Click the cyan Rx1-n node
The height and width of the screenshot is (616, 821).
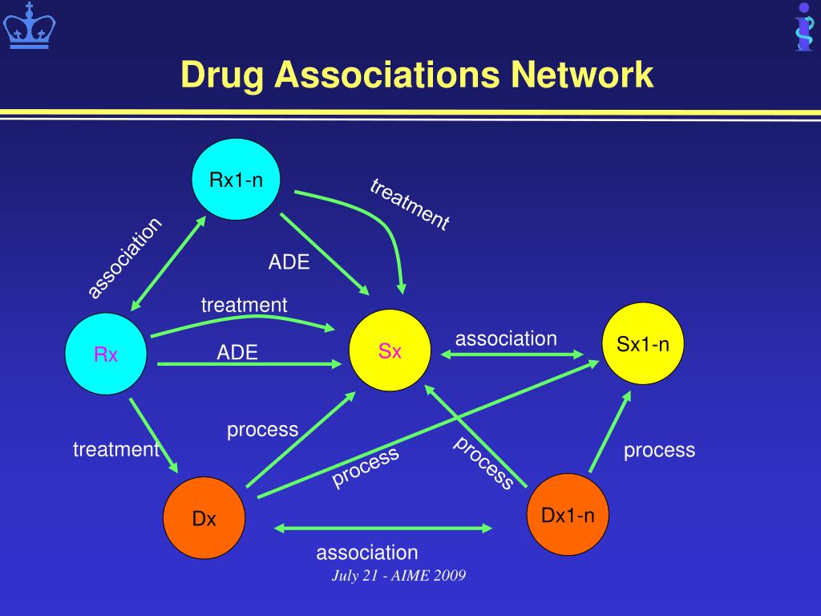click(236, 179)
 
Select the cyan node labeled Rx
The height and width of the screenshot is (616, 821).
click(106, 354)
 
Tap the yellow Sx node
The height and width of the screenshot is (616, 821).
click(390, 351)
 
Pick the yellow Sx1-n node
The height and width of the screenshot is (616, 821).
click(642, 343)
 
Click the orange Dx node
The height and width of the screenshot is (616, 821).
click(204, 518)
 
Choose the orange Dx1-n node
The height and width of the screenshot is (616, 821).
click(568, 514)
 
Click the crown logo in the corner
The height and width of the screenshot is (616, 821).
click(30, 25)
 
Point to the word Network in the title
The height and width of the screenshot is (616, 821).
click(582, 75)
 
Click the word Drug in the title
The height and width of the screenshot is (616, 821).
click(222, 75)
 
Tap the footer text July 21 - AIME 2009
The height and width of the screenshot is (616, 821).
click(398, 576)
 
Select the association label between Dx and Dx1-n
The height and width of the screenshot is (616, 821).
click(367, 553)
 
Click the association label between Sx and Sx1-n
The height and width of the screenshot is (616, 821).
click(506, 339)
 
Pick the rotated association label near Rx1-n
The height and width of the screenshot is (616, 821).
click(124, 257)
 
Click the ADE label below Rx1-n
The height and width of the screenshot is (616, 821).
click(289, 262)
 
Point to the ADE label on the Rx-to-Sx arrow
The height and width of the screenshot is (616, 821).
click(237, 353)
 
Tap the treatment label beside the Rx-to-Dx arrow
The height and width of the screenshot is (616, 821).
click(116, 449)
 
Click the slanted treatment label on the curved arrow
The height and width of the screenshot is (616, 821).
click(410, 205)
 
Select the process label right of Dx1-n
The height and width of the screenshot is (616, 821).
click(659, 450)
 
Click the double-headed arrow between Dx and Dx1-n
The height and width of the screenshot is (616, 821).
click(383, 528)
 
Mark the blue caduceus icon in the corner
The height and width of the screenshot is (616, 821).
click(804, 26)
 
